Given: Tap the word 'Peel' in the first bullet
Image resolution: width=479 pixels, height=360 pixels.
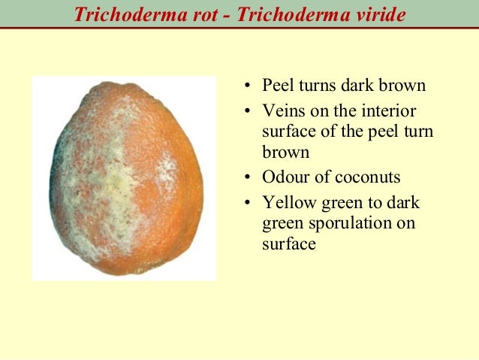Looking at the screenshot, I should (x=279, y=86).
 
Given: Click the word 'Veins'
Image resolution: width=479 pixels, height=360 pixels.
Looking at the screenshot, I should (x=283, y=112).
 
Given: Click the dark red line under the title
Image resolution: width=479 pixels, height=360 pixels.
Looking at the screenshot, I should (x=239, y=29).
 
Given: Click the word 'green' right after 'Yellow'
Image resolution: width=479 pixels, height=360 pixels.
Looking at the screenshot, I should (x=341, y=204).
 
